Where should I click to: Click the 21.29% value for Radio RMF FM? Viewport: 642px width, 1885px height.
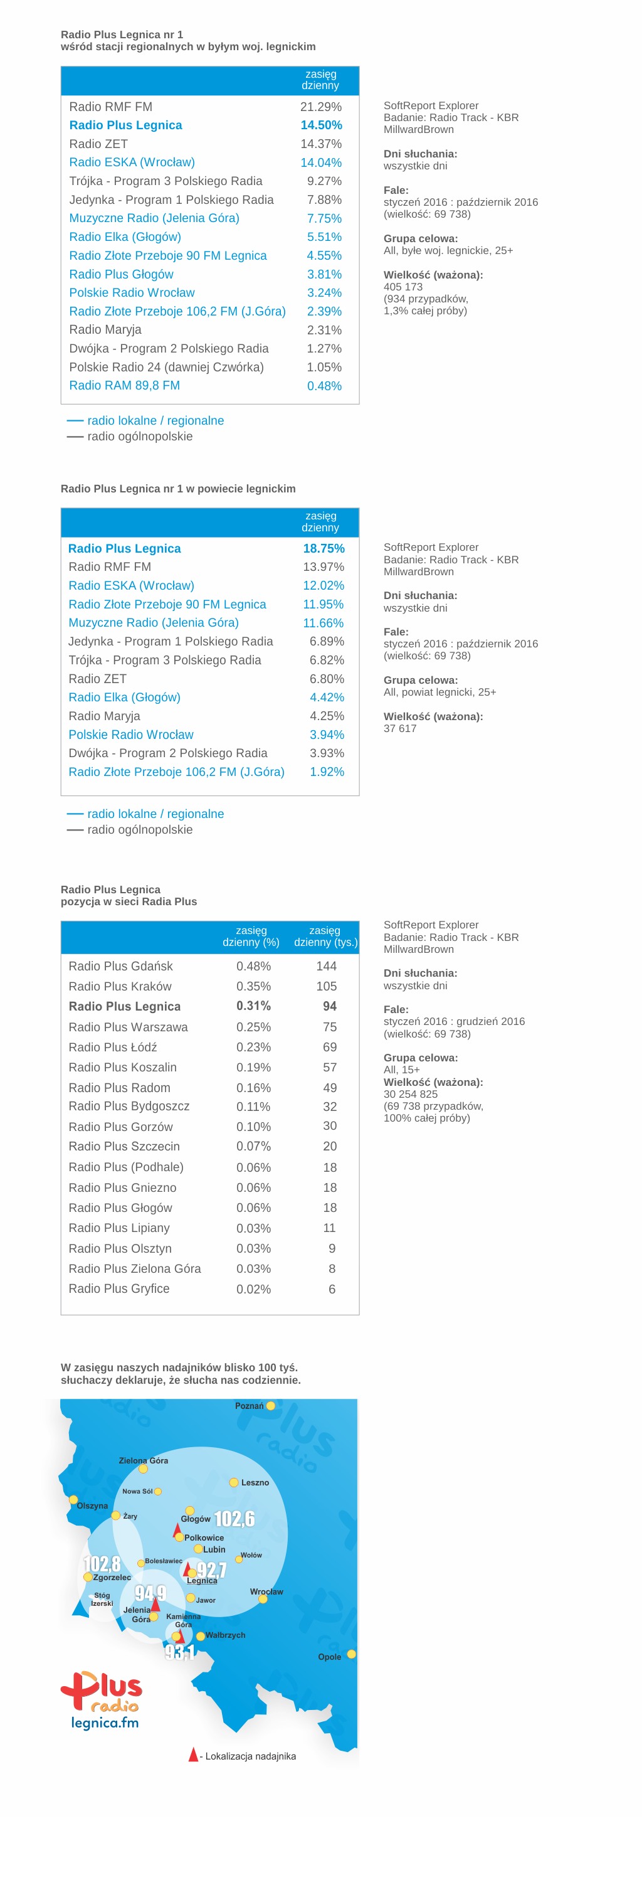pyautogui.click(x=320, y=107)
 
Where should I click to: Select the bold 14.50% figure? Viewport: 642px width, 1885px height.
pyautogui.click(x=321, y=125)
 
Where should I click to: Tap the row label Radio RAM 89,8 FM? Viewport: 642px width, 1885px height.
pyautogui.click(x=124, y=386)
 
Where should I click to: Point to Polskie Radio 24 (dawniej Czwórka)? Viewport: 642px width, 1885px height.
pyautogui.click(x=167, y=368)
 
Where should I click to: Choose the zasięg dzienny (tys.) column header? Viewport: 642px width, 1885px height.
pyautogui.click(x=325, y=937)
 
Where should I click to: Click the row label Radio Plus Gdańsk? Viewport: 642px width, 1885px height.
pyautogui.click(x=120, y=967)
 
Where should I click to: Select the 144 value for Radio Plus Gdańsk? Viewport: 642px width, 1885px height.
pyautogui.click(x=326, y=967)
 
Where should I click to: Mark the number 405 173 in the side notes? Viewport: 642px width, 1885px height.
pyautogui.click(x=403, y=287)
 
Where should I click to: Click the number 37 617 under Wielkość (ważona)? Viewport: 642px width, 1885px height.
pyautogui.click(x=400, y=728)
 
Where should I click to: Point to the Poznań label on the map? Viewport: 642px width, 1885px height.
pyautogui.click(x=249, y=1406)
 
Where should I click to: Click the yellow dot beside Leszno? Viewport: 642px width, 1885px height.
pyautogui.click(x=234, y=1482)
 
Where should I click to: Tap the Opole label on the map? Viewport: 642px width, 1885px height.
pyautogui.click(x=329, y=1657)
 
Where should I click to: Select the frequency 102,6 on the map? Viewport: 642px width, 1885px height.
pyautogui.click(x=234, y=1519)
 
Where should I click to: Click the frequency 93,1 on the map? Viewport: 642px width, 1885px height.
pyautogui.click(x=179, y=1652)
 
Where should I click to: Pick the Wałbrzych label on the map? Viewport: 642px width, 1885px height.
pyautogui.click(x=225, y=1635)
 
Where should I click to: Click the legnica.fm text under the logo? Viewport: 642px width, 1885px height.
pyautogui.click(x=105, y=1723)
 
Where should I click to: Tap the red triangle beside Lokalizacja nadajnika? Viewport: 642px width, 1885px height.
pyautogui.click(x=193, y=1755)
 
